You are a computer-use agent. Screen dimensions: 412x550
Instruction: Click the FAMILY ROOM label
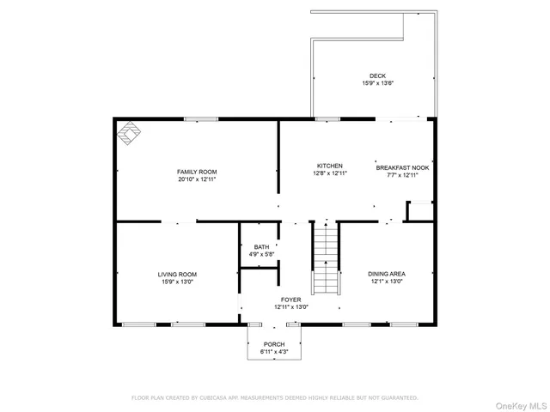(196, 172)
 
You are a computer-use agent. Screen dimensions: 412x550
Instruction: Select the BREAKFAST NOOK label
(402, 167)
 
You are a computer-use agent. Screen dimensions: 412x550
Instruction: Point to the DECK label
(377, 76)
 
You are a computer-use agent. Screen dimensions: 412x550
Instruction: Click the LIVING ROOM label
(177, 274)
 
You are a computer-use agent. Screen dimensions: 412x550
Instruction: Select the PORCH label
(274, 343)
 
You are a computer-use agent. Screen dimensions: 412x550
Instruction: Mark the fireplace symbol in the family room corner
(129, 134)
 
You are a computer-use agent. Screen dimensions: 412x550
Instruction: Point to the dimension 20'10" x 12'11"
(196, 179)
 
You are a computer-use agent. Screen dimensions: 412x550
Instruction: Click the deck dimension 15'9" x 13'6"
(377, 83)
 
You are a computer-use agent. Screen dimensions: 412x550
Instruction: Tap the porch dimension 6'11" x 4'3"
(274, 351)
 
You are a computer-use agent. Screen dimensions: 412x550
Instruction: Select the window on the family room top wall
(199, 119)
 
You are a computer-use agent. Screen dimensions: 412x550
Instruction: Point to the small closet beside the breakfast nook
(419, 210)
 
